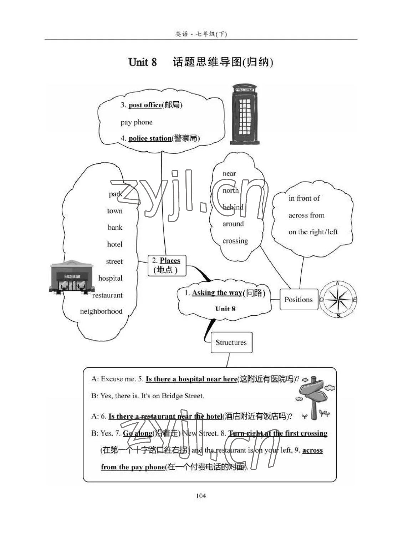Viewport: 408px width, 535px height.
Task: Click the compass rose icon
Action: tap(338, 300)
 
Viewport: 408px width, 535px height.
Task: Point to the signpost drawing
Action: tap(314, 397)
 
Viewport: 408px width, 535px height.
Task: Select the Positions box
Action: tap(299, 300)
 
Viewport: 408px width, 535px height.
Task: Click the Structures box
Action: tap(231, 342)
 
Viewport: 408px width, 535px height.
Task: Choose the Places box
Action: tap(166, 265)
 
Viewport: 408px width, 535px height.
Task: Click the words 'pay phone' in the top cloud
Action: tap(136, 122)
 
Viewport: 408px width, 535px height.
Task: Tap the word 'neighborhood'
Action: tap(101, 311)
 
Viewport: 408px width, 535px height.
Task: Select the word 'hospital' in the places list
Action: tap(110, 278)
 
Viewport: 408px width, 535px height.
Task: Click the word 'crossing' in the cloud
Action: tap(235, 241)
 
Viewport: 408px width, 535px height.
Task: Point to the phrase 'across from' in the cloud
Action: tap(306, 215)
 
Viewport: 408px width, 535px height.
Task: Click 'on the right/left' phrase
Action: tap(313, 232)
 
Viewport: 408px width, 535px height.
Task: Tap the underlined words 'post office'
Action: tap(145, 105)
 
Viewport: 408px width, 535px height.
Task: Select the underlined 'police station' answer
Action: tap(150, 138)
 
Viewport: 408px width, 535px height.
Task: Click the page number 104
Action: tap(201, 495)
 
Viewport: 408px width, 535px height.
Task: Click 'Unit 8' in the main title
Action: tap(142, 62)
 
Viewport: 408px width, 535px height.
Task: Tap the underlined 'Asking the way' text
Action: tap(217, 293)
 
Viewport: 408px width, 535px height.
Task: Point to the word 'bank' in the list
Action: tap(115, 227)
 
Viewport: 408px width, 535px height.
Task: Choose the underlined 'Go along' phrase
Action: tap(137, 433)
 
